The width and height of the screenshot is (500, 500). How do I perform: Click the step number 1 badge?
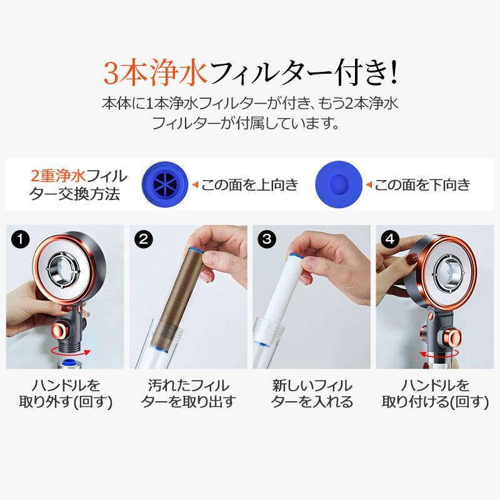20,239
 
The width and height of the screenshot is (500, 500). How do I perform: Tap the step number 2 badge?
144,239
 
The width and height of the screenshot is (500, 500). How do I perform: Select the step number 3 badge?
267,239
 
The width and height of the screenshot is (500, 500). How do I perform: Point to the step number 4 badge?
390,239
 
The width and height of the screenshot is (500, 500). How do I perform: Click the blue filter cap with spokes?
165,184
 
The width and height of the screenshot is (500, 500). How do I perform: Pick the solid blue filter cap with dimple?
339,184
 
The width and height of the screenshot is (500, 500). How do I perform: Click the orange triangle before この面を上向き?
196,184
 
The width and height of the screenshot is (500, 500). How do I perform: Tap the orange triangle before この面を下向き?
369,184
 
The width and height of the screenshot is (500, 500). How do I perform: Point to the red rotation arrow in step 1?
71,351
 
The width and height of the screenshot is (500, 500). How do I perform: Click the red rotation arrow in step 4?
439,352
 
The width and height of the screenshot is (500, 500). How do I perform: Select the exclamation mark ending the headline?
394,72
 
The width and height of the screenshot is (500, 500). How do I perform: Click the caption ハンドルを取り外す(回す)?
66,394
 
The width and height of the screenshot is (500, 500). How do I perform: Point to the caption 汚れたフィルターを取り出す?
189,394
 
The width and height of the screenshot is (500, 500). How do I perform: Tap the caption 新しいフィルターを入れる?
312,394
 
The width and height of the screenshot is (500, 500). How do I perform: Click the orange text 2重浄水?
58,176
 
